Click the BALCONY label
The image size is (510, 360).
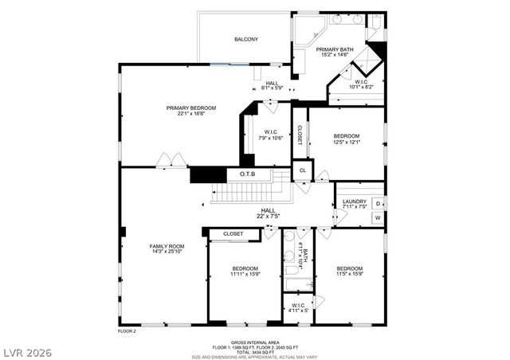[245, 39]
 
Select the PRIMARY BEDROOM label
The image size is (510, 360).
[190, 110]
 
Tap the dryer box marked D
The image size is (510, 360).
[378, 204]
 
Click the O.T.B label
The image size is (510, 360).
[246, 174]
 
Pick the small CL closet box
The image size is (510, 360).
[303, 170]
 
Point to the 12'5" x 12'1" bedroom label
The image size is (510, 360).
[347, 139]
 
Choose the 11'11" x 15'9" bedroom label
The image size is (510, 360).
[245, 272]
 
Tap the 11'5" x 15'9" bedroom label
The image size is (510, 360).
[349, 272]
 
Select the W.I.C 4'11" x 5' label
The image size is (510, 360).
[298, 307]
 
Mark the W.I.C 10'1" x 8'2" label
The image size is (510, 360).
[360, 84]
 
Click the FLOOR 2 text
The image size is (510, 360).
[127, 330]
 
